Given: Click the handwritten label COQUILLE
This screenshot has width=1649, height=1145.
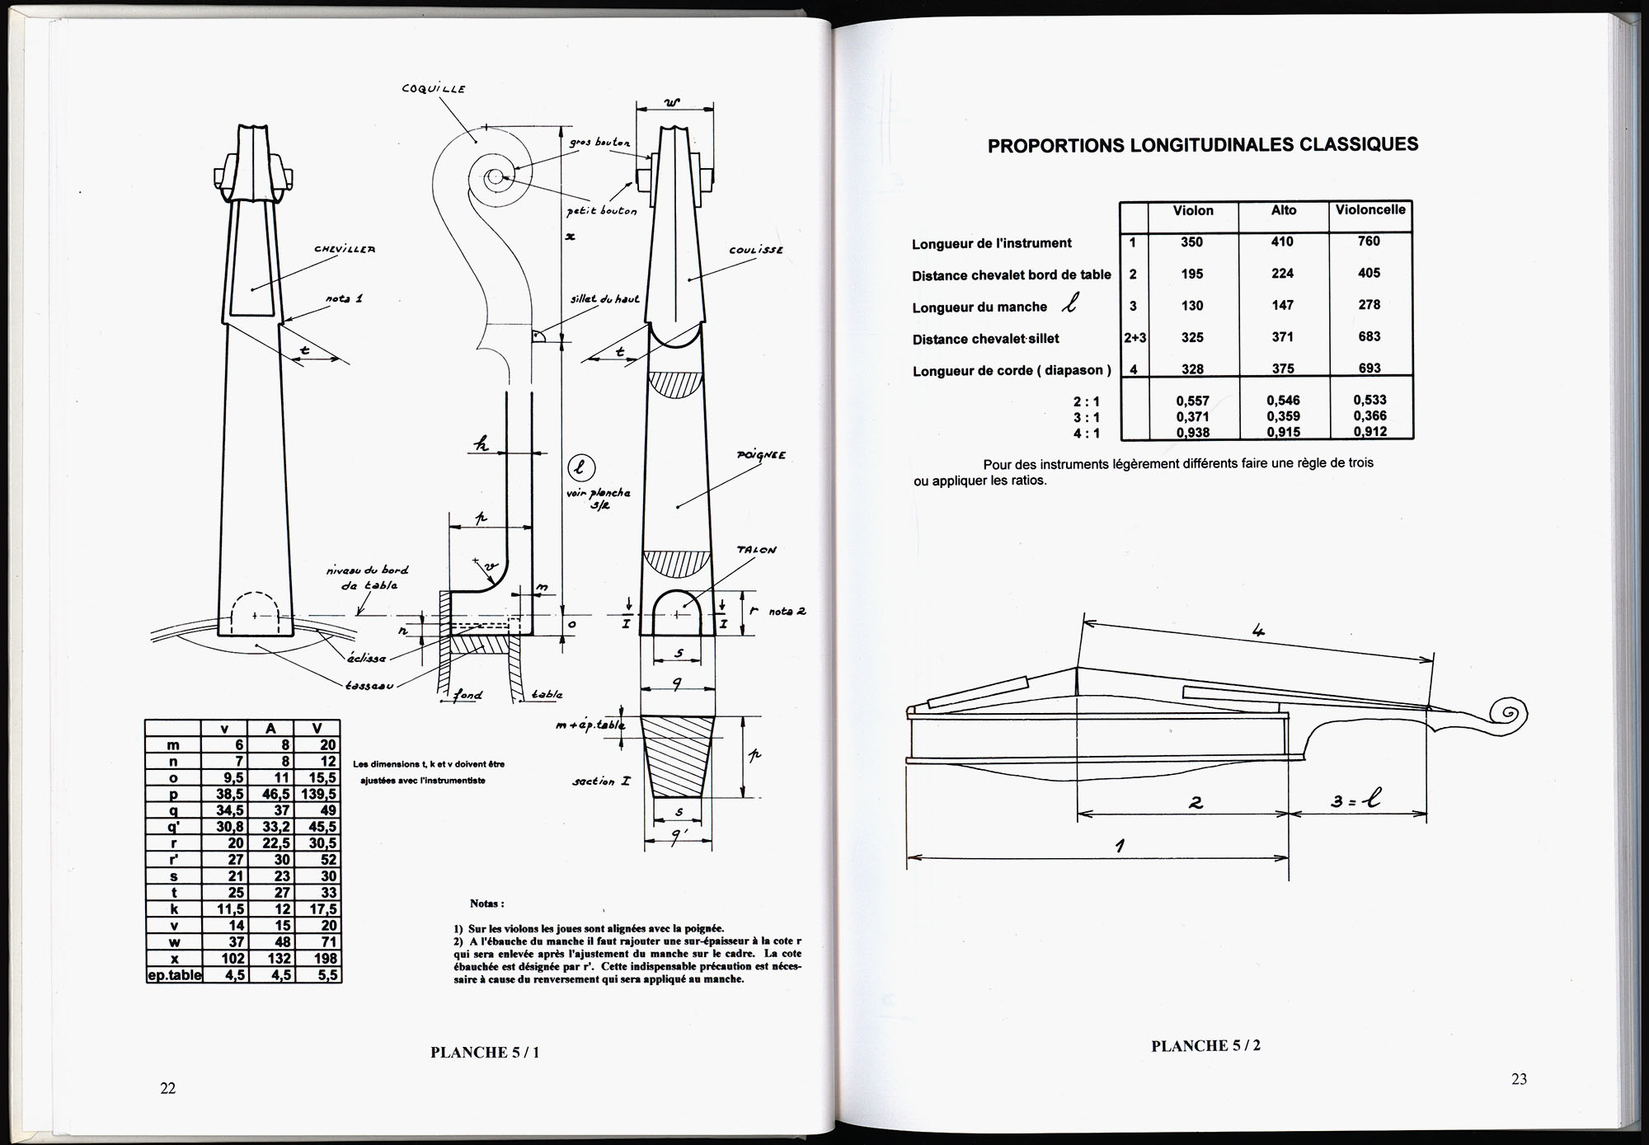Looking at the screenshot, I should click(434, 89).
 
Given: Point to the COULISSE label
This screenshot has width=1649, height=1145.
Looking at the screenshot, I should click(755, 250).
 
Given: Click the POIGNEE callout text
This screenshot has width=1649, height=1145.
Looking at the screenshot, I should click(761, 455).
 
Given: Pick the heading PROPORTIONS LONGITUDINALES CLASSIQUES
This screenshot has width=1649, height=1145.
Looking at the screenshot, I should click(1203, 145).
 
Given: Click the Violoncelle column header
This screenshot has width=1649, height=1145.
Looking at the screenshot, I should click(1370, 210).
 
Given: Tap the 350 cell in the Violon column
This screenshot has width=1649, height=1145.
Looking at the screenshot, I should click(1191, 242).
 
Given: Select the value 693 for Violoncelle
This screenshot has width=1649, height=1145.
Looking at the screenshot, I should click(1369, 368).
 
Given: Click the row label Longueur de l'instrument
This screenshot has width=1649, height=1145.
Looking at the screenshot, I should click(992, 243).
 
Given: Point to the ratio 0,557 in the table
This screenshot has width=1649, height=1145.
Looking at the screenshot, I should click(1192, 401).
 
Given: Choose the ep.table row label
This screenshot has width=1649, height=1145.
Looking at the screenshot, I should click(173, 974).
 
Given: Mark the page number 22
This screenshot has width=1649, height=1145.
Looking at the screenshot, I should click(167, 1088).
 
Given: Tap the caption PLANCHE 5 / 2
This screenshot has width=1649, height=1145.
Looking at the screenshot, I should click(1205, 1046).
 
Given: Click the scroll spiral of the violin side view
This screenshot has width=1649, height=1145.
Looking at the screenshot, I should click(1508, 713).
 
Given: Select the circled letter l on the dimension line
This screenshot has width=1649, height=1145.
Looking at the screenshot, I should click(580, 468).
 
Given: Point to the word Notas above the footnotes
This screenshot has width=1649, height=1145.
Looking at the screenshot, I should click(486, 904).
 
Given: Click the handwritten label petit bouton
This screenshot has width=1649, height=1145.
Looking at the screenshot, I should click(602, 210).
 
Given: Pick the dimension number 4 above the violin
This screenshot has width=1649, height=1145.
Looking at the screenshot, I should click(1258, 632).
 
